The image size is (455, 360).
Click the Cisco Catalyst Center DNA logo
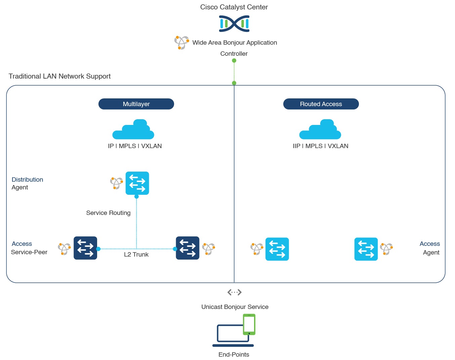pyautogui.click(x=234, y=24)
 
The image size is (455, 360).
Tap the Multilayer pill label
pyautogui.click(x=136, y=104)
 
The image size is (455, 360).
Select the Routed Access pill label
pyautogui.click(x=321, y=104)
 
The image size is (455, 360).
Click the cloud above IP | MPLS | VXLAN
pyautogui.click(x=133, y=130)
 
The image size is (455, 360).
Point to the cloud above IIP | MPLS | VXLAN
pyautogui.click(x=320, y=130)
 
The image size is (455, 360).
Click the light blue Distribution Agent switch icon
pyautogui.click(x=137, y=183)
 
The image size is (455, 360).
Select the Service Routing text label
pyautogui.click(x=108, y=213)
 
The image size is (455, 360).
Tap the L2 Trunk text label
pyautogui.click(x=136, y=255)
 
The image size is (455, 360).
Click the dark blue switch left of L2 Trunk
pyautogui.click(x=85, y=248)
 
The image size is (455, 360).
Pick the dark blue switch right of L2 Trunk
pyautogui.click(x=188, y=248)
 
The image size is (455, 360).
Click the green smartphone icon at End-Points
pyautogui.click(x=249, y=324)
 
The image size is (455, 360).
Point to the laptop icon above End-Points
pyautogui.click(x=230, y=334)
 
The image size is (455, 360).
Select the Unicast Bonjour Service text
pyautogui.click(x=235, y=307)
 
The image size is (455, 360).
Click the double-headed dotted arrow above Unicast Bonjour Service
pyautogui.click(x=235, y=292)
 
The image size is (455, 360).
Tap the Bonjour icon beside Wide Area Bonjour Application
pyautogui.click(x=181, y=43)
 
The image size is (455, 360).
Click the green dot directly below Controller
pyautogui.click(x=234, y=61)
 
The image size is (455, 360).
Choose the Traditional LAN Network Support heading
pyautogui.click(x=59, y=76)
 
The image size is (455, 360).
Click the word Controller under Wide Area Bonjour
pyautogui.click(x=234, y=54)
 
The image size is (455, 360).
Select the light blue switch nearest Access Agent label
pyautogui.click(x=366, y=249)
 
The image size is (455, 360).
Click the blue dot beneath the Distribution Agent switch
pyautogui.click(x=136, y=197)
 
